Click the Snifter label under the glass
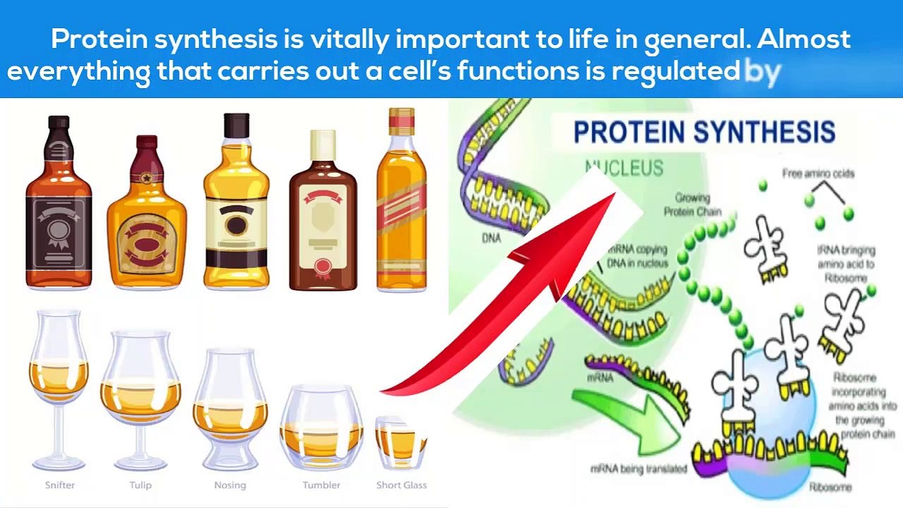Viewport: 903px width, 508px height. (x=60, y=485)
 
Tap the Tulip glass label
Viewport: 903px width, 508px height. (x=140, y=485)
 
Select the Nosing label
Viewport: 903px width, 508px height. (x=230, y=485)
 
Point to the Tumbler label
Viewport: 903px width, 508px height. (x=321, y=485)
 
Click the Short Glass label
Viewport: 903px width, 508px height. (x=401, y=485)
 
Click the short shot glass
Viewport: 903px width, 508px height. (x=400, y=443)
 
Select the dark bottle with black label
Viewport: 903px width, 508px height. (x=59, y=205)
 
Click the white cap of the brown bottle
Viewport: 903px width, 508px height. (x=323, y=145)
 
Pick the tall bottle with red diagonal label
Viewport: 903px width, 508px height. (x=401, y=201)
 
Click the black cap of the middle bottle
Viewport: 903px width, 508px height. (x=236, y=125)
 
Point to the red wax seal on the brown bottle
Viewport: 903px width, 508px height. (x=323, y=267)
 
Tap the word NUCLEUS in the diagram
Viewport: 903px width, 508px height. (x=625, y=168)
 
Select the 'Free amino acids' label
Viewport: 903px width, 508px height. (x=818, y=174)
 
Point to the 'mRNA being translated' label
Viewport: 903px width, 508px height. (x=638, y=468)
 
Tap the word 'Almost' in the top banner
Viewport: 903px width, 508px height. (x=804, y=39)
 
